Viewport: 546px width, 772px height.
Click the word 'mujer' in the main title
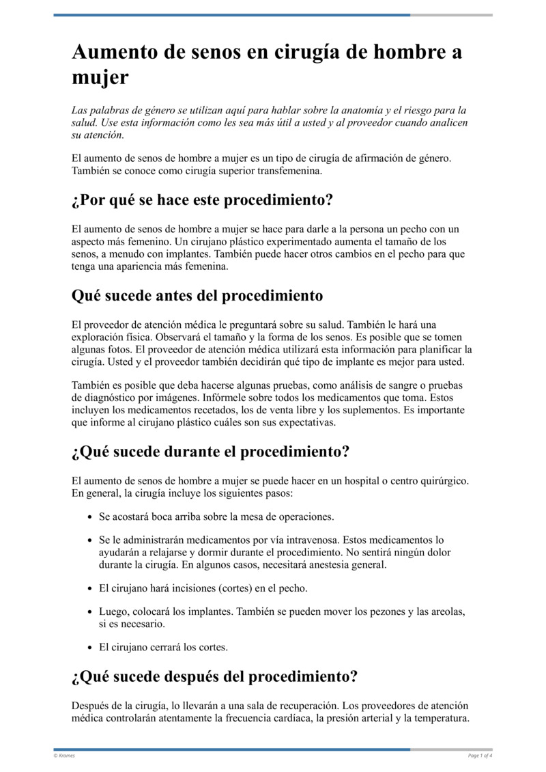pos(100,78)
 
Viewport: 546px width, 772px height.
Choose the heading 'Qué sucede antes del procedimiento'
pos(197,296)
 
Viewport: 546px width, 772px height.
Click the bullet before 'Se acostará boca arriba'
pos(91,517)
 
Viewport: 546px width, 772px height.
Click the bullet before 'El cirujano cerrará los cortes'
pos(91,647)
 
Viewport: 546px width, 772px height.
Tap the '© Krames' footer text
pos(64,755)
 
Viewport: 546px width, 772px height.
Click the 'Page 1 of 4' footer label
pos(480,755)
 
